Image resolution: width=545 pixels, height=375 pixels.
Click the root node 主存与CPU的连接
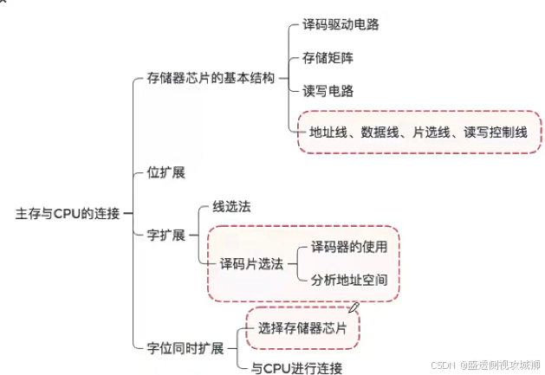[68, 212]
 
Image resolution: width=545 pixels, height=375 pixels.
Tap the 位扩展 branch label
[166, 172]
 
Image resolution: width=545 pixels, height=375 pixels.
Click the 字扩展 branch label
[166, 236]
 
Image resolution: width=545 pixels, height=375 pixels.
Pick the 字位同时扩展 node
[185, 349]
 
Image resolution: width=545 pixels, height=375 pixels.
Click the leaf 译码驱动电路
[341, 24]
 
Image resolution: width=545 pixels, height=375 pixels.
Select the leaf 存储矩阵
[328, 58]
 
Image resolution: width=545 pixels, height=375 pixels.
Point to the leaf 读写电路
[328, 90]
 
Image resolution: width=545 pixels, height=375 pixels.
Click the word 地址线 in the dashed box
[327, 133]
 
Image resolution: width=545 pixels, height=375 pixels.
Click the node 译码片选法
[251, 264]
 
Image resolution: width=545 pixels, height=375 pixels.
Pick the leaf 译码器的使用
[348, 247]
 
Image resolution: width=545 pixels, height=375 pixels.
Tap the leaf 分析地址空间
[348, 281]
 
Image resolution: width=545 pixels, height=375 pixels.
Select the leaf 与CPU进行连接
[295, 367]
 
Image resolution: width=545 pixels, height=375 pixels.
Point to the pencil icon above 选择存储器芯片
[354, 306]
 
